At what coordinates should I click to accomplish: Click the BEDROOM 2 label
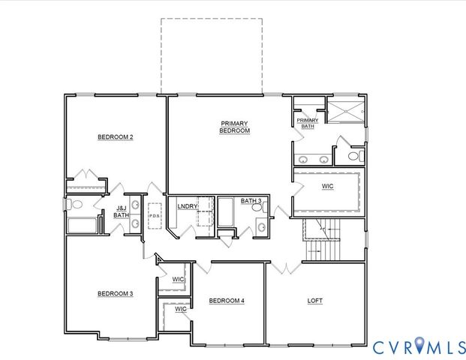(115, 137)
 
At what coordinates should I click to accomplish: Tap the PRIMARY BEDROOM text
(234, 127)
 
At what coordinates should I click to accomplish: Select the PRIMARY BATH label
(307, 123)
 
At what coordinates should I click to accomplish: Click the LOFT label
(316, 301)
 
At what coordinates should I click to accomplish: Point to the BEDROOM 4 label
(227, 301)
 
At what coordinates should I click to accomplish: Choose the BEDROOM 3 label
(115, 293)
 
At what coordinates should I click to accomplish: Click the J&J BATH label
(121, 212)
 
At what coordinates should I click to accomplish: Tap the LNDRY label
(187, 206)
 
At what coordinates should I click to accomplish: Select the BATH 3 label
(251, 201)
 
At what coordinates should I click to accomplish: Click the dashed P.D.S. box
(155, 216)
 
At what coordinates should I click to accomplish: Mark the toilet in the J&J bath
(76, 204)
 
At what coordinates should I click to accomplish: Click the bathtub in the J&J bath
(82, 225)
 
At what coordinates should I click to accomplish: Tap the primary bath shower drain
(347, 109)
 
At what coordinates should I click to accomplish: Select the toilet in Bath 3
(259, 228)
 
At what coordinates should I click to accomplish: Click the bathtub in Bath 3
(226, 213)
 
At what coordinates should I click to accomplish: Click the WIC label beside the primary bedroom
(327, 186)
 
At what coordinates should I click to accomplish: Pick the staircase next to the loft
(322, 240)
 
